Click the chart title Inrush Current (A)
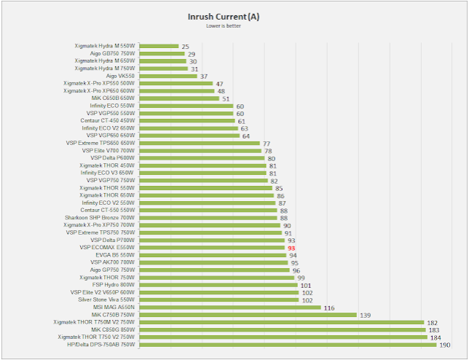(233, 16)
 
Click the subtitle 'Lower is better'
(233, 26)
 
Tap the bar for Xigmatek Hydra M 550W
(158, 46)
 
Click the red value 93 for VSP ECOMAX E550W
(291, 248)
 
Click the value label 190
(444, 345)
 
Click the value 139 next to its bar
(366, 315)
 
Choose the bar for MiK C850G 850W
(281, 329)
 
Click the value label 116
(329, 308)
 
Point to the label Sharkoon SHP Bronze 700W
(100, 218)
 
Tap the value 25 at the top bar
(185, 46)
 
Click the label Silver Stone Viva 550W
(107, 300)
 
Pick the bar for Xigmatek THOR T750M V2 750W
(281, 322)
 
